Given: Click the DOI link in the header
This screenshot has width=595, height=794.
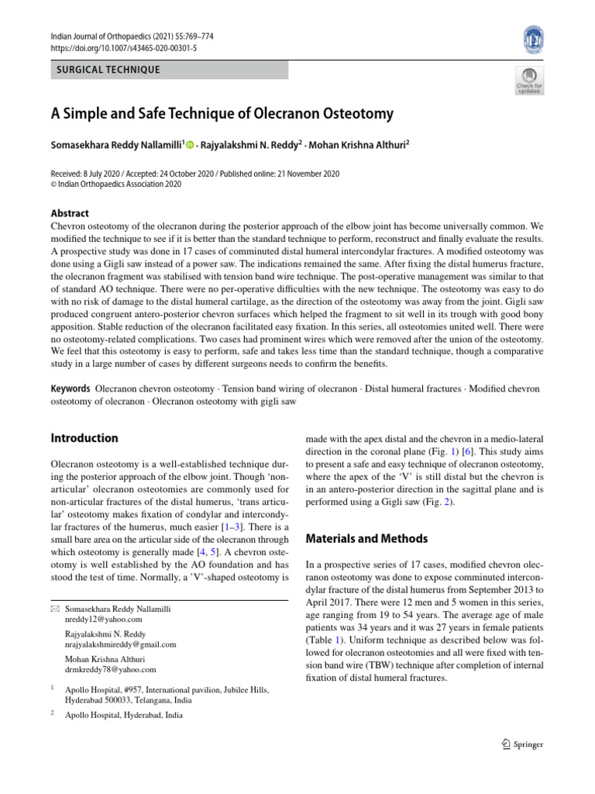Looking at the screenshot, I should (123, 47).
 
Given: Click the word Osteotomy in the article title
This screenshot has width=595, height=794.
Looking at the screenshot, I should (354, 113).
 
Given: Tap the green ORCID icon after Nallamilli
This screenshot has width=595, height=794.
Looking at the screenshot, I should (189, 145).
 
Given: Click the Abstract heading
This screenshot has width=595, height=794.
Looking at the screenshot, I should (70, 213).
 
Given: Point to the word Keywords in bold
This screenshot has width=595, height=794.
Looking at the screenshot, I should (71, 387).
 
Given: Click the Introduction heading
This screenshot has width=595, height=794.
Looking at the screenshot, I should (84, 438).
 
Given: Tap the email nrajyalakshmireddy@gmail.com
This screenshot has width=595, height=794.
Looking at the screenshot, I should (121, 644).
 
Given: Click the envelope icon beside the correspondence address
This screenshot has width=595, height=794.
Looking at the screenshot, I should (54, 609).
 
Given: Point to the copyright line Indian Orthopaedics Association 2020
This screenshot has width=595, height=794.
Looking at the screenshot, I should (116, 185).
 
